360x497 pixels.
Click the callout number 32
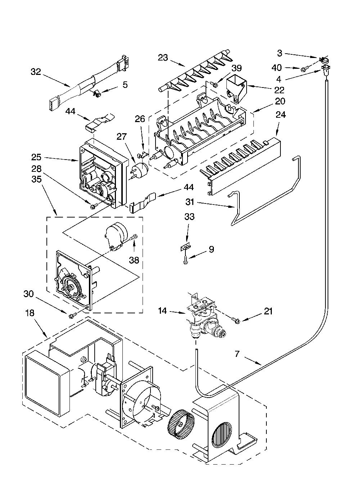[36, 72]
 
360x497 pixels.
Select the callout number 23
[163, 58]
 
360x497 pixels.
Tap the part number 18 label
[30, 313]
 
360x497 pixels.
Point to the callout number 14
[162, 310]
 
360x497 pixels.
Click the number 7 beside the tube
[237, 354]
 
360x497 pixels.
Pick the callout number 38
[134, 260]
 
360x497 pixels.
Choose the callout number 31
[190, 202]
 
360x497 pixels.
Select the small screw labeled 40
[303, 70]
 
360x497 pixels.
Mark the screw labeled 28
[93, 206]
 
